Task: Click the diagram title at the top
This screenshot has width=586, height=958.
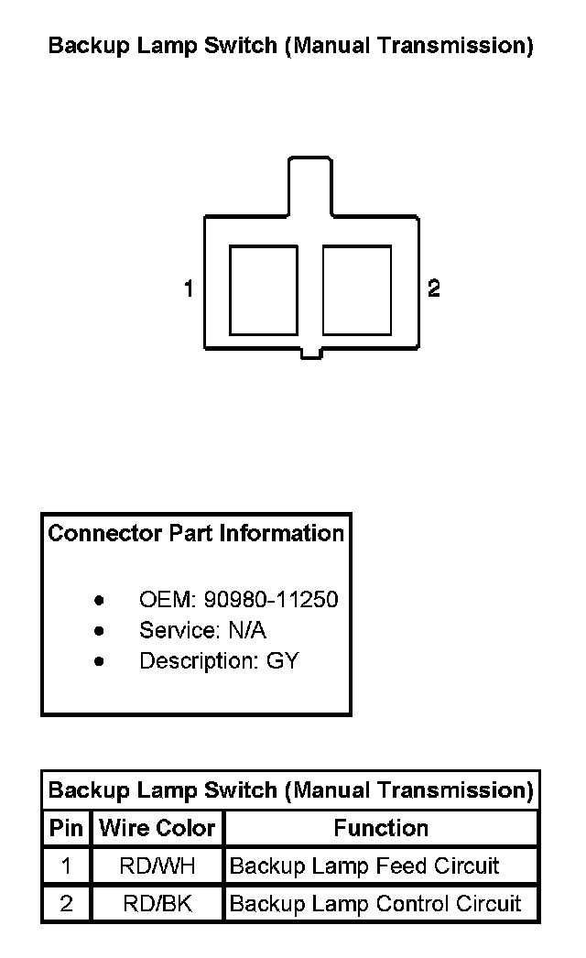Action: coord(290,46)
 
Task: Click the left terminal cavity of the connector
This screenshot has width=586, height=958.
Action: coord(263,289)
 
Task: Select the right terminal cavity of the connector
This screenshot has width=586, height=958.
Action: coord(357,289)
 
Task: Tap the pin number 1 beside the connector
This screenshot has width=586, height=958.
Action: coord(189,289)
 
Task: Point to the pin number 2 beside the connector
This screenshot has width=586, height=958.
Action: coord(434,289)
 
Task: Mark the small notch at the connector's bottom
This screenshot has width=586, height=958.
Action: coord(311,353)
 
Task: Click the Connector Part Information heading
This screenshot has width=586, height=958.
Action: coord(196,533)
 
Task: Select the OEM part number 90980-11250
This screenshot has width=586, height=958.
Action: coord(271,600)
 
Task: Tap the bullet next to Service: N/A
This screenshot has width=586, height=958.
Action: coord(99,631)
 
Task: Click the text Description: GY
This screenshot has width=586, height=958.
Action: coord(219,660)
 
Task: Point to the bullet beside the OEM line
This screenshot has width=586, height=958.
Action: coord(99,601)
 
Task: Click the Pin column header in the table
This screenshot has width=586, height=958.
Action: coord(66,829)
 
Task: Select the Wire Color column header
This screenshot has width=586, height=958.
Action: coord(157,829)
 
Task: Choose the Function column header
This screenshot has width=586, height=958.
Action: coord(381,829)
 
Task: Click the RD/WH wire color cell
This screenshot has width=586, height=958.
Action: coord(157,866)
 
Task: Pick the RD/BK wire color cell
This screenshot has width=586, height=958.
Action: coord(157,905)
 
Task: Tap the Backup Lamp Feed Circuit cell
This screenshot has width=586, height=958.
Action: coord(364,866)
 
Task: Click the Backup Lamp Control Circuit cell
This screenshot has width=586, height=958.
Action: coord(375,905)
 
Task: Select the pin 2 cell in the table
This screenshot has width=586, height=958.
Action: coord(66,905)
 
